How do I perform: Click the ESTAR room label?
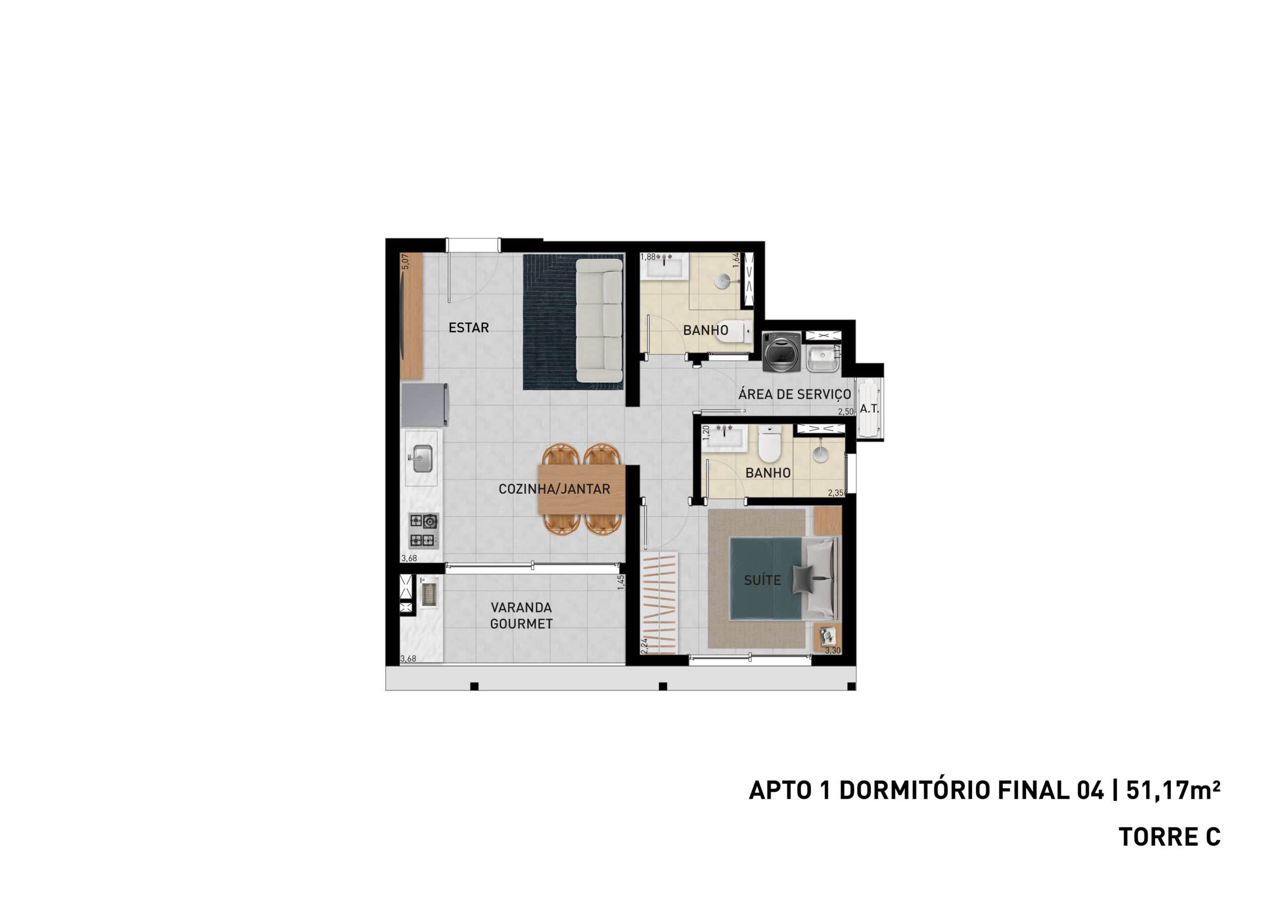[468, 327]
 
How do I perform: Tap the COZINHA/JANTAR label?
[554, 489]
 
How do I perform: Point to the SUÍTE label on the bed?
[762, 580]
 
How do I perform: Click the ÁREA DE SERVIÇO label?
[794, 394]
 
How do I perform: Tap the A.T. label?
[869, 409]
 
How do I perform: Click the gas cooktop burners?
[424, 530]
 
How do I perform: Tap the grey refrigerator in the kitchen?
[425, 404]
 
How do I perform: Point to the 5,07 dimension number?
[405, 261]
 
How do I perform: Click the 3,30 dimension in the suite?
[833, 651]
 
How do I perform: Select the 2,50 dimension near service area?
[845, 412]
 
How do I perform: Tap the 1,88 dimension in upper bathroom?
[648, 257]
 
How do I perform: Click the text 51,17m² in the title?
[1173, 790]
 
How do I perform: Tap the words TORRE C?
[1170, 837]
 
